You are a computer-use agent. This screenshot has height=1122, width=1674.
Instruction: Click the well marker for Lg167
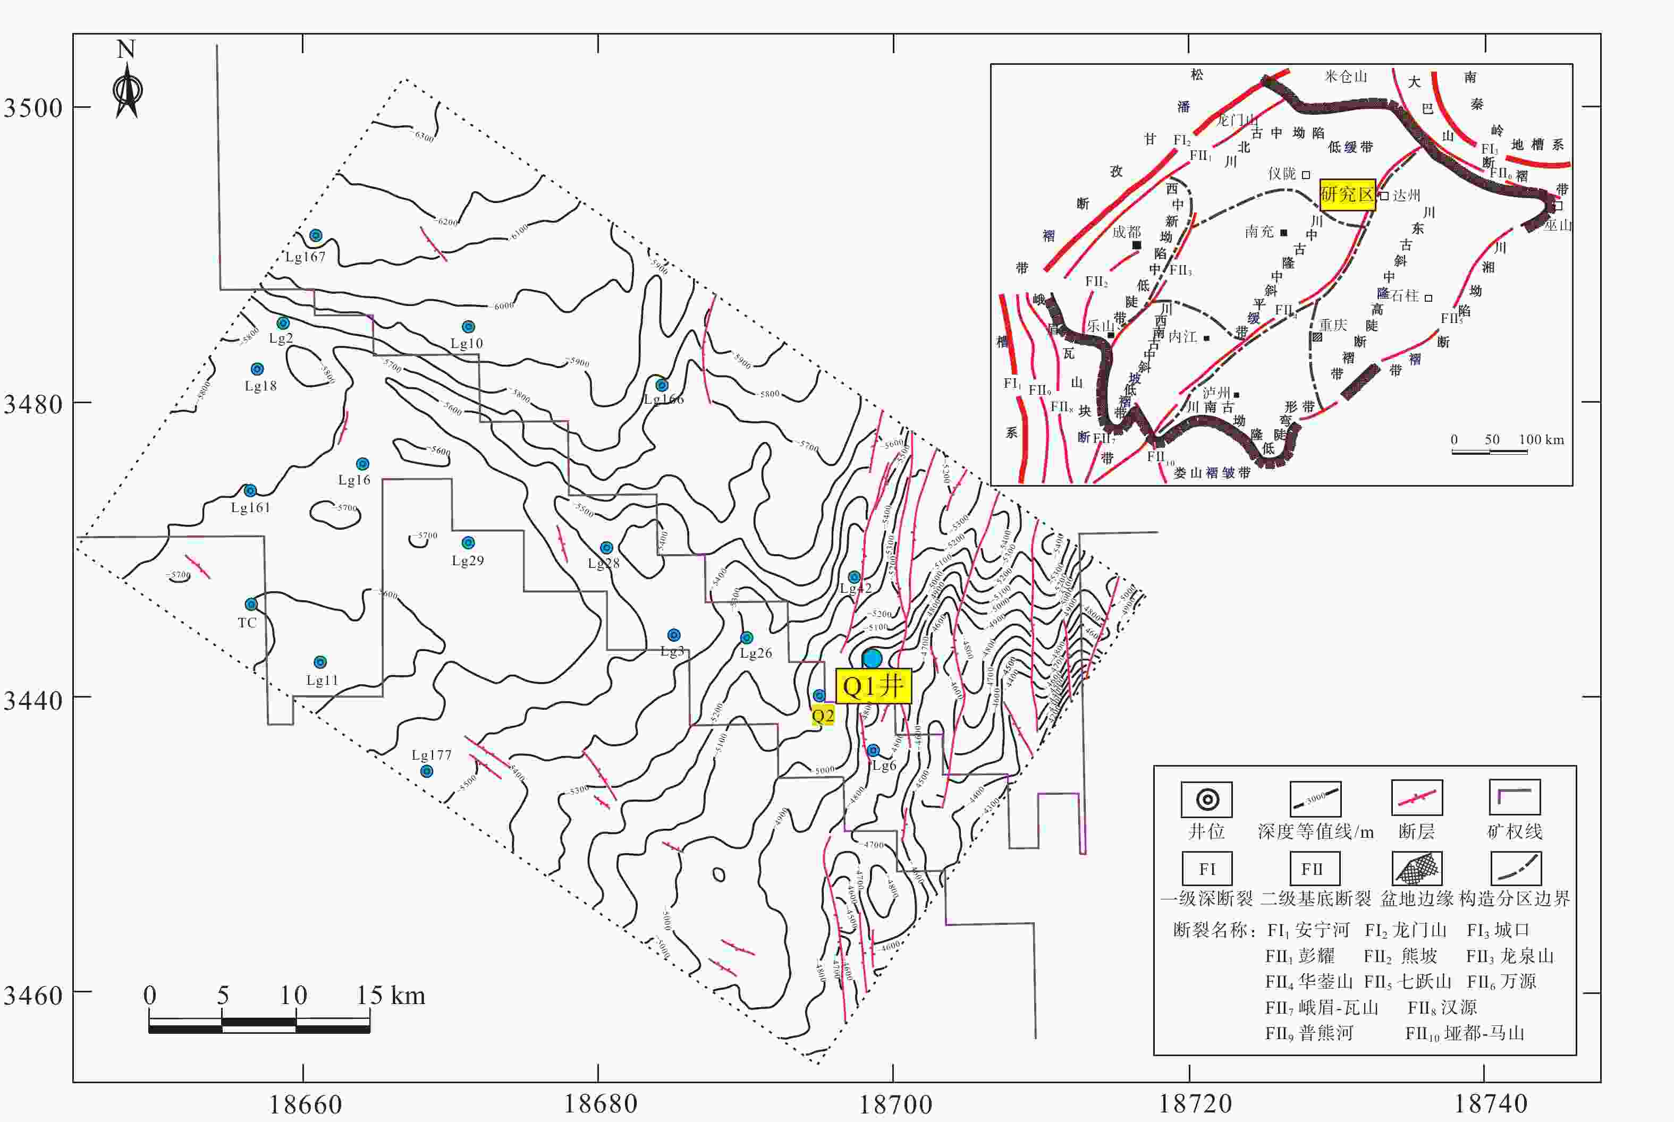point(316,235)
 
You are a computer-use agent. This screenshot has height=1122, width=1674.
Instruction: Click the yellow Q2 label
point(822,716)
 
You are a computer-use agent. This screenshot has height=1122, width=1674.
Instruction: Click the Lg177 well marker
point(427,771)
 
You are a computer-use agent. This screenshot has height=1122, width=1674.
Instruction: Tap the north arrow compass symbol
point(128,89)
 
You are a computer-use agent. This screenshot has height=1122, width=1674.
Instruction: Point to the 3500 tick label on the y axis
point(33,108)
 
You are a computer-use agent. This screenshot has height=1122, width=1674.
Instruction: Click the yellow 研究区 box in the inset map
point(1348,194)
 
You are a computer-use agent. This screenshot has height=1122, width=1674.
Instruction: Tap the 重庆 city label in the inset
point(1333,326)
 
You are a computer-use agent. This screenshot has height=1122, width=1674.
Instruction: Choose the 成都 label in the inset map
point(1126,232)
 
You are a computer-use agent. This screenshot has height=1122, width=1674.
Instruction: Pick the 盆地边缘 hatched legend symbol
point(1416,869)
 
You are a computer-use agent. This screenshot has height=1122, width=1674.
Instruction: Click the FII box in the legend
point(1312,869)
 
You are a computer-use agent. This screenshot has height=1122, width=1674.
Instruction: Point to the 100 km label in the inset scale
point(1541,439)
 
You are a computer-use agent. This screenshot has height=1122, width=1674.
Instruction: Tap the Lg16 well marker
point(363,464)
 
